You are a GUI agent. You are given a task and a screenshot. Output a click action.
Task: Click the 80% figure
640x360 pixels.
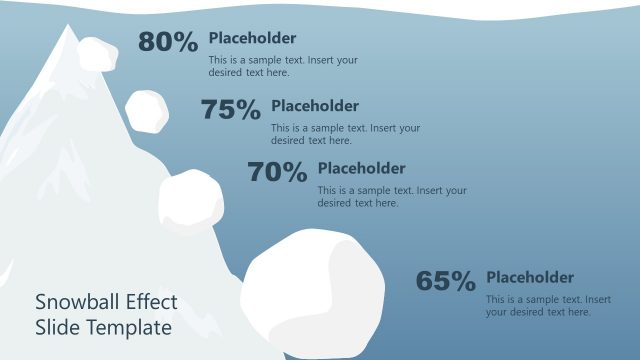click(168, 42)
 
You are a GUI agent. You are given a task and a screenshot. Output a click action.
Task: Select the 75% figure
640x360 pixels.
click(230, 110)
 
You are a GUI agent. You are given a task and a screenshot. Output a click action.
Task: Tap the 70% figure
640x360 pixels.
click(277, 173)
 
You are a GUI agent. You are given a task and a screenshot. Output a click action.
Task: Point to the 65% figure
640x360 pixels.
click(445, 282)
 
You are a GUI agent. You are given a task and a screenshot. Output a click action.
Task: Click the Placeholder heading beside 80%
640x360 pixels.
click(252, 39)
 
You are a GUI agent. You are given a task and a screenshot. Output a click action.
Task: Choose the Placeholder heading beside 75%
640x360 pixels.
click(315, 106)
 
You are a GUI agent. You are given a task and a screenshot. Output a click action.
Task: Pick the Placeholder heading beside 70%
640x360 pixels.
click(361, 169)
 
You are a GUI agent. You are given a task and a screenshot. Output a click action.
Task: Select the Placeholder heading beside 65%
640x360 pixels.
click(530, 277)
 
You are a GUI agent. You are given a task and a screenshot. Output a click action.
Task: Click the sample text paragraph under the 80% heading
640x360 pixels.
click(283, 66)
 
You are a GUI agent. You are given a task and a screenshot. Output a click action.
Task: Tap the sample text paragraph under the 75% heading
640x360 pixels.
click(345, 134)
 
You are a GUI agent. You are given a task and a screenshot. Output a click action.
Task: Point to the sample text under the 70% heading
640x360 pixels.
click(392, 196)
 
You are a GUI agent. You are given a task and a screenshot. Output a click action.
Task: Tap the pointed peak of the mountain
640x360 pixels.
click(69, 27)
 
